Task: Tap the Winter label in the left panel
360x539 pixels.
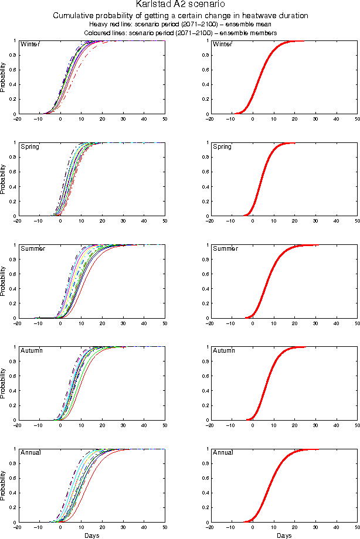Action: point(30,45)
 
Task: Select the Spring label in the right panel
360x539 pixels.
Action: point(222,146)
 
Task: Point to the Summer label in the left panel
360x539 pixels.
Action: point(33,249)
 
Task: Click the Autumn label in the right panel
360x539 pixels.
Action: point(224,350)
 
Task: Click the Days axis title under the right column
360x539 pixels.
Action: point(284,535)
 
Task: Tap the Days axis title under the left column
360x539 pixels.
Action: point(91,535)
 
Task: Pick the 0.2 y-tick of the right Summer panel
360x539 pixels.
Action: point(204,303)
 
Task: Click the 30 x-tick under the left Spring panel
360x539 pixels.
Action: point(124,221)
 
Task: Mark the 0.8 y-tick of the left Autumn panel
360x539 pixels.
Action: point(12,361)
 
